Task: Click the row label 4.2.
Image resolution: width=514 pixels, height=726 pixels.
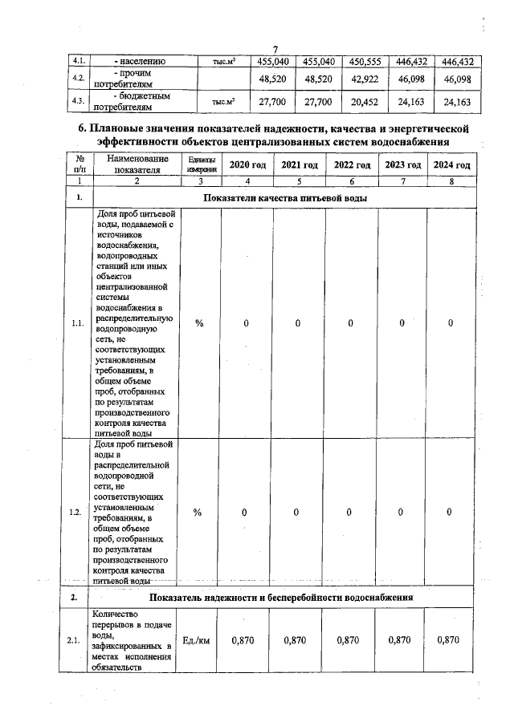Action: (x=79, y=79)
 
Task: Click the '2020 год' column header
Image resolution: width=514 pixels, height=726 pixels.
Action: (x=247, y=164)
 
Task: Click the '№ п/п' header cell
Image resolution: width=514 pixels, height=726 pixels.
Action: (x=79, y=164)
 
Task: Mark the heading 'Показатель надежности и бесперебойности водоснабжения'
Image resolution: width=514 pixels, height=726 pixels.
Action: (x=280, y=598)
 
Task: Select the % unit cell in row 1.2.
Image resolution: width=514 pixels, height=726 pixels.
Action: (x=198, y=513)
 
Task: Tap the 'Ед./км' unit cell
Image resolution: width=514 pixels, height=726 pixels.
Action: (x=198, y=640)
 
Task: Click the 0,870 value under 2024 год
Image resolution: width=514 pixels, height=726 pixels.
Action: (x=450, y=640)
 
